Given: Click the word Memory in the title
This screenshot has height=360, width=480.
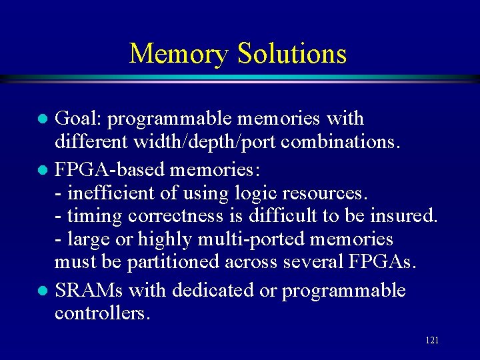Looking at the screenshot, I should tap(178, 53).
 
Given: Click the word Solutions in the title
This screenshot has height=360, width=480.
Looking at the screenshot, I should tap(292, 53).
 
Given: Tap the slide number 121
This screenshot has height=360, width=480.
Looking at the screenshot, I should tap(431, 341).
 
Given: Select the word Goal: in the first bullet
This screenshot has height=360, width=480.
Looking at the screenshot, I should tap(78, 119).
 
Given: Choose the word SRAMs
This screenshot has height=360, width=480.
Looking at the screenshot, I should tap(89, 290).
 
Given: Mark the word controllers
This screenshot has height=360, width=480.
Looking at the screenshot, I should tap(103, 313).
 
